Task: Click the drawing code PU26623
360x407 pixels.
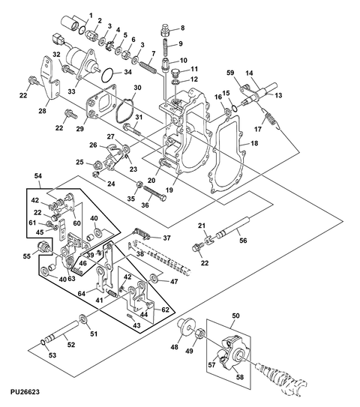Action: pyautogui.click(x=25, y=391)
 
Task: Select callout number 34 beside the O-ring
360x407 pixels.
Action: pyautogui.click(x=127, y=72)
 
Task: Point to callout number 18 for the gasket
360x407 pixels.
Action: pyautogui.click(x=254, y=143)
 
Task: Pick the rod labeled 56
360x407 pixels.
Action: pyautogui.click(x=234, y=227)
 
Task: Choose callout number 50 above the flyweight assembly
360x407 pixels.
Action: pyautogui.click(x=235, y=316)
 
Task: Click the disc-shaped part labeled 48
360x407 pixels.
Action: pyautogui.click(x=187, y=327)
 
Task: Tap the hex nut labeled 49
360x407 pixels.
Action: pyautogui.click(x=200, y=333)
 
